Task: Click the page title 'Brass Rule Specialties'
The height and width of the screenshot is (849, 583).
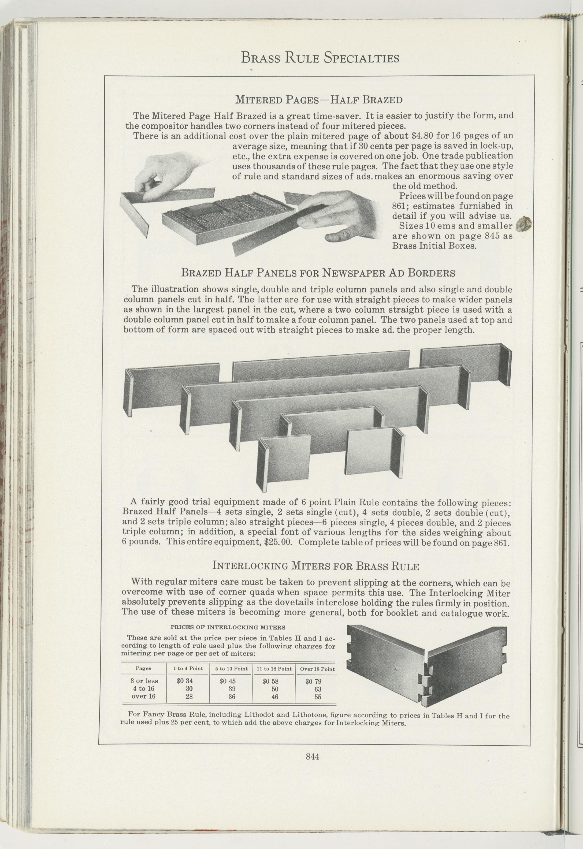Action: (x=320, y=58)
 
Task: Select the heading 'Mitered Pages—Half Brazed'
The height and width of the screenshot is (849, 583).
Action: (x=318, y=99)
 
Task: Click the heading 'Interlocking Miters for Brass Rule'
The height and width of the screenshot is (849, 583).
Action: (x=315, y=566)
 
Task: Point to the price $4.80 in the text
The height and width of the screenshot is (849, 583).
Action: (x=422, y=136)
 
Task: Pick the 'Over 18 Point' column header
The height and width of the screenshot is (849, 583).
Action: (x=317, y=669)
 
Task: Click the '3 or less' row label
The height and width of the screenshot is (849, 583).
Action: (x=144, y=681)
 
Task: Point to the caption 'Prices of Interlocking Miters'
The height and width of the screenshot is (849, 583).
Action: (x=228, y=627)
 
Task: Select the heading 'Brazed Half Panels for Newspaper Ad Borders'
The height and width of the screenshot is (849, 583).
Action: (x=318, y=273)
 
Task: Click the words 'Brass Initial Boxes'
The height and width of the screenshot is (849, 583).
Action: (x=434, y=245)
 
